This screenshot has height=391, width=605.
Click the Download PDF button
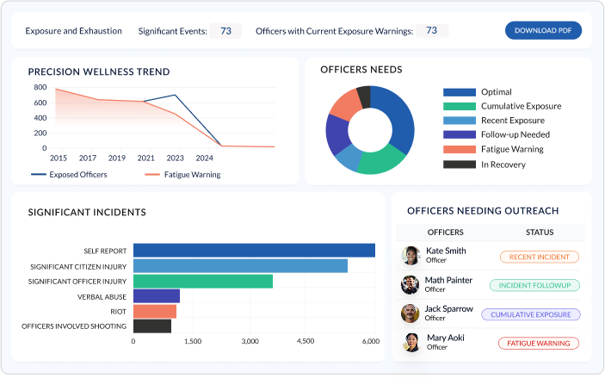point(543,31)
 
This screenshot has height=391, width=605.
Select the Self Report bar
point(254,251)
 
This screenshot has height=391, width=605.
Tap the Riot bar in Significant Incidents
point(155,311)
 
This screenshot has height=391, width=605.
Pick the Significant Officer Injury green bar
point(203,281)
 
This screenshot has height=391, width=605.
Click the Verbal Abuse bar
point(157,296)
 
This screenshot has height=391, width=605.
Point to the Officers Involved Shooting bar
point(152,326)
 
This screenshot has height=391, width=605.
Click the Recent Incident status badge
point(539,257)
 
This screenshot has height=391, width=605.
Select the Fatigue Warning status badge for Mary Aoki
point(539,343)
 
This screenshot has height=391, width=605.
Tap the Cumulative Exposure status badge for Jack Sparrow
point(531,314)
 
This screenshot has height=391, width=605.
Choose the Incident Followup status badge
point(534,285)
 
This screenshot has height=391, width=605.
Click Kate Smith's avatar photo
point(411,256)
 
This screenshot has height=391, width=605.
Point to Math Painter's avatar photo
point(411,284)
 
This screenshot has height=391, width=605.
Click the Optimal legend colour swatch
point(459,92)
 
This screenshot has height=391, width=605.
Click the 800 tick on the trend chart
point(40,87)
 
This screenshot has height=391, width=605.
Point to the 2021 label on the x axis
point(145,158)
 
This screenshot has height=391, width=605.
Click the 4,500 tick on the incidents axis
point(305,342)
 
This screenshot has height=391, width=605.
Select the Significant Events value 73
point(225,31)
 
